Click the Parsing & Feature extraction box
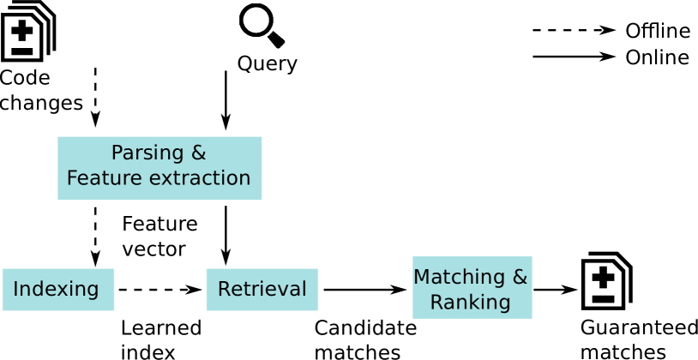point(159,168)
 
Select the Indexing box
point(58,290)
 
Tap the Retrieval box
point(262,290)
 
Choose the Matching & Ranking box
point(472,288)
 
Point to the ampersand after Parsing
point(198,153)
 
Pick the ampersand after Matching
point(520,278)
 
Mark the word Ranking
point(470,303)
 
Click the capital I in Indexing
point(16,290)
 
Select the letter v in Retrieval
point(279,290)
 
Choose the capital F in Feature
point(72,178)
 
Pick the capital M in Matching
point(421,278)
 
